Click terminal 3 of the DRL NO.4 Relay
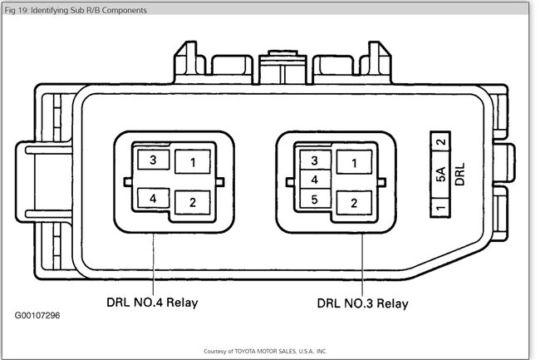[152, 160]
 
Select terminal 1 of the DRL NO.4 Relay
[192, 163]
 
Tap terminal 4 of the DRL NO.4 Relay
[152, 199]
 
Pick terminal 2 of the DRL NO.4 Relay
[192, 202]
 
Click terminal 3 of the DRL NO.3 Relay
[314, 160]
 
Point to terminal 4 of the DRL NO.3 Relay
[314, 180]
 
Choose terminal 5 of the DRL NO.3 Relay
[314, 200]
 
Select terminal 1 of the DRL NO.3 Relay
[354, 163]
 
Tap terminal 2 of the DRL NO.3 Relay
[354, 202]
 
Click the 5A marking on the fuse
[441, 175]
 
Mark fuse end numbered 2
[441, 142]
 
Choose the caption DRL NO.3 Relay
[363, 303]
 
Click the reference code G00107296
[37, 317]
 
